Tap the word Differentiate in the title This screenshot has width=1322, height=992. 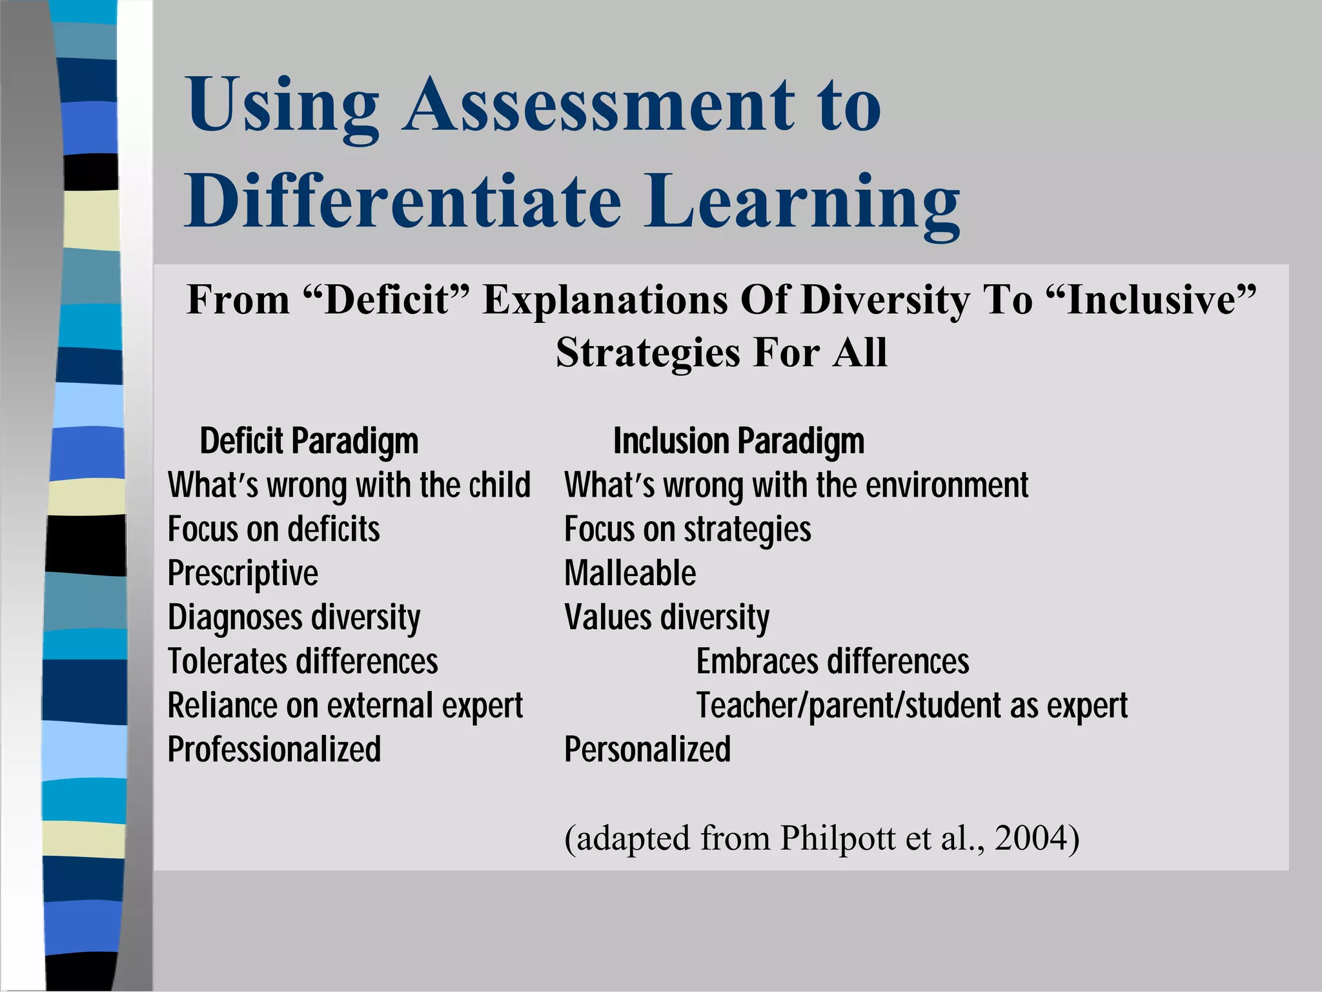403,201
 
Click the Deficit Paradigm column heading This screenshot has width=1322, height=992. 309,442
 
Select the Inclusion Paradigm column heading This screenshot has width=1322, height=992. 738,442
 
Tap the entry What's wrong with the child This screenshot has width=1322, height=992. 349,486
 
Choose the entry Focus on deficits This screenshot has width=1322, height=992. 274,530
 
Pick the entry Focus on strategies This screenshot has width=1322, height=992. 687,530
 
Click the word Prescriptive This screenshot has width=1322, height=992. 243,573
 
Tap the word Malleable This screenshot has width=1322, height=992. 630,573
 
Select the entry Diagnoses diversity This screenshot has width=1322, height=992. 294,617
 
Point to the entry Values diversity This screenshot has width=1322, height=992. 667,617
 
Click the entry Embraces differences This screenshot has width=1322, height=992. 833,662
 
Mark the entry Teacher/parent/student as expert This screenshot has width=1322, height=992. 911,706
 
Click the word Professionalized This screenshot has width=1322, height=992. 274,750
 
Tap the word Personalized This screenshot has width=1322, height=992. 647,750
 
